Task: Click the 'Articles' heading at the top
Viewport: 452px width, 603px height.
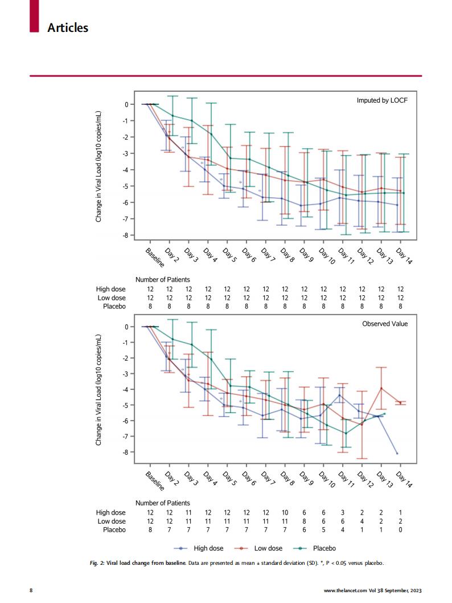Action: tap(68, 27)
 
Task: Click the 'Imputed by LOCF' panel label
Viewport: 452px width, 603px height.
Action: tap(382, 100)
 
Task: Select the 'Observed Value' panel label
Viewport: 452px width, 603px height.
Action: tap(385, 324)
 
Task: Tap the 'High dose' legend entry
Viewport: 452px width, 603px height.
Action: tap(208, 548)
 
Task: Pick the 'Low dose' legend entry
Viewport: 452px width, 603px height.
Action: tap(268, 548)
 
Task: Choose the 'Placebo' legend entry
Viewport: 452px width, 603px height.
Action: tap(324, 548)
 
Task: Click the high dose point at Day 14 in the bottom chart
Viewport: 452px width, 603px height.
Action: tap(397, 453)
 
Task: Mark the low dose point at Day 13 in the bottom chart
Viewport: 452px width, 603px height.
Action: tap(381, 388)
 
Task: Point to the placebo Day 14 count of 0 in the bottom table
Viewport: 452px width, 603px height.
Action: tap(400, 529)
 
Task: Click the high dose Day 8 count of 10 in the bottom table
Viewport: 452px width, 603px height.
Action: tap(285, 513)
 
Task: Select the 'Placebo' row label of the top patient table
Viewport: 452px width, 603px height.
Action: tap(114, 306)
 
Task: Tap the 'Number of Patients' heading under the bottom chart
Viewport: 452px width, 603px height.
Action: tap(163, 503)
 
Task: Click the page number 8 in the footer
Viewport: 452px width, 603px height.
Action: tap(31, 590)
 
